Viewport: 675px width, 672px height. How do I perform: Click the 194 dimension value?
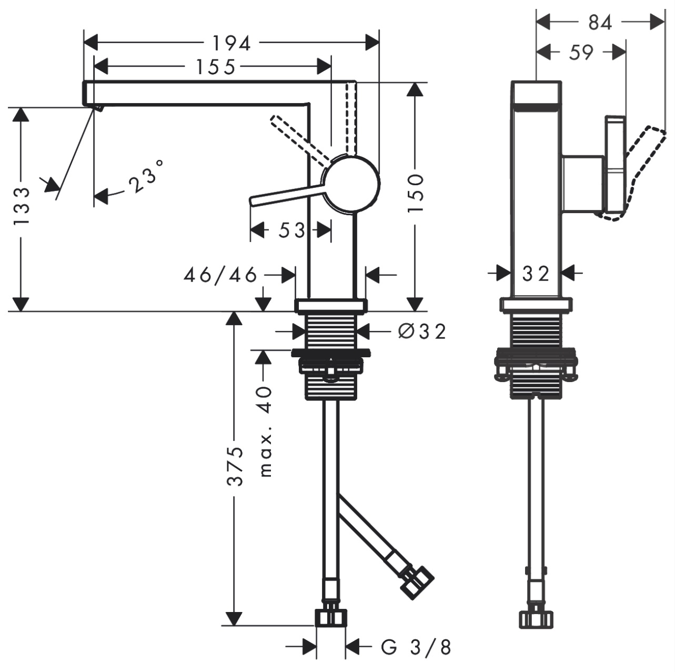coord(232,44)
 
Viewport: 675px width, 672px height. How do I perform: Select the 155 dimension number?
coord(216,67)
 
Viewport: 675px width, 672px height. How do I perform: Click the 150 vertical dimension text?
coord(416,193)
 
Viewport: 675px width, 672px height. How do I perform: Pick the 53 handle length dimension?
coord(292,230)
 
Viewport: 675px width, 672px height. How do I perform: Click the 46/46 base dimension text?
coord(220,275)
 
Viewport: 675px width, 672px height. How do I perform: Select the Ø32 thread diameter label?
coord(422,331)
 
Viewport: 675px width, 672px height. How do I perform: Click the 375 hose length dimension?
coord(235,466)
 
